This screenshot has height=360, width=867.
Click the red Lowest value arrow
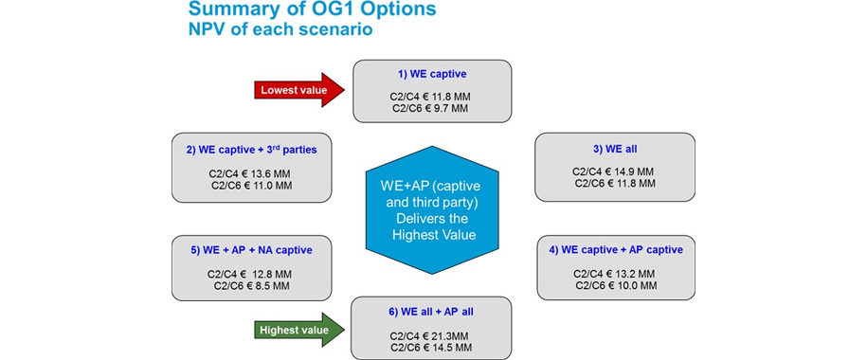click(299, 90)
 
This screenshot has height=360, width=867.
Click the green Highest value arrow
click(299, 330)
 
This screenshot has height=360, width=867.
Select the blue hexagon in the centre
click(432, 210)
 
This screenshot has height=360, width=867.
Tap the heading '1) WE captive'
click(432, 74)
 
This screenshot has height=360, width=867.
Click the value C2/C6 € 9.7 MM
click(430, 108)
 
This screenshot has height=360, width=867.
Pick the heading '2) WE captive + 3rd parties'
click(252, 149)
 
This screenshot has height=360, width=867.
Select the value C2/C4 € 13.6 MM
click(251, 173)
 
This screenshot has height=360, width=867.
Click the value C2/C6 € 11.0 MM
click(252, 186)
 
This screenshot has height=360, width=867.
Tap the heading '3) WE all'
click(614, 149)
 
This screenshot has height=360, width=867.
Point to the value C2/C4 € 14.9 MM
click(614, 172)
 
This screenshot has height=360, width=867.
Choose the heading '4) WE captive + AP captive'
click(615, 250)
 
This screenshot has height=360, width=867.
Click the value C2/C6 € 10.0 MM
click(615, 285)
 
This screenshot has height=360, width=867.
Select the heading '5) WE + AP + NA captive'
click(252, 250)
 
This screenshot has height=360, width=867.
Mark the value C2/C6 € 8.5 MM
click(251, 285)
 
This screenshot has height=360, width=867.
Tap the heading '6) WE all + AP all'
click(431, 312)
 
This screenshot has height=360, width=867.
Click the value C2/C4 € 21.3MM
click(431, 335)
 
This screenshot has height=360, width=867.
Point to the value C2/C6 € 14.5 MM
click(431, 347)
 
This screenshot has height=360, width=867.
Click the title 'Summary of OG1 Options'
click(312, 9)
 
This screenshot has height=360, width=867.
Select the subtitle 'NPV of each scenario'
click(280, 28)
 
